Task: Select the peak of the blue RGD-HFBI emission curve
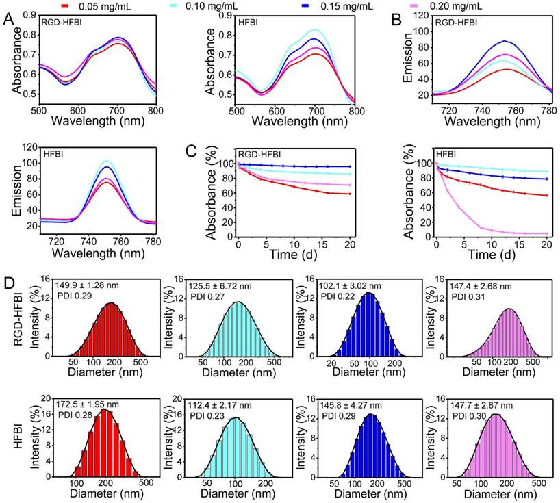[x=485, y=41]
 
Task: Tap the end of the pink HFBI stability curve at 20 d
[x=527, y=233]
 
